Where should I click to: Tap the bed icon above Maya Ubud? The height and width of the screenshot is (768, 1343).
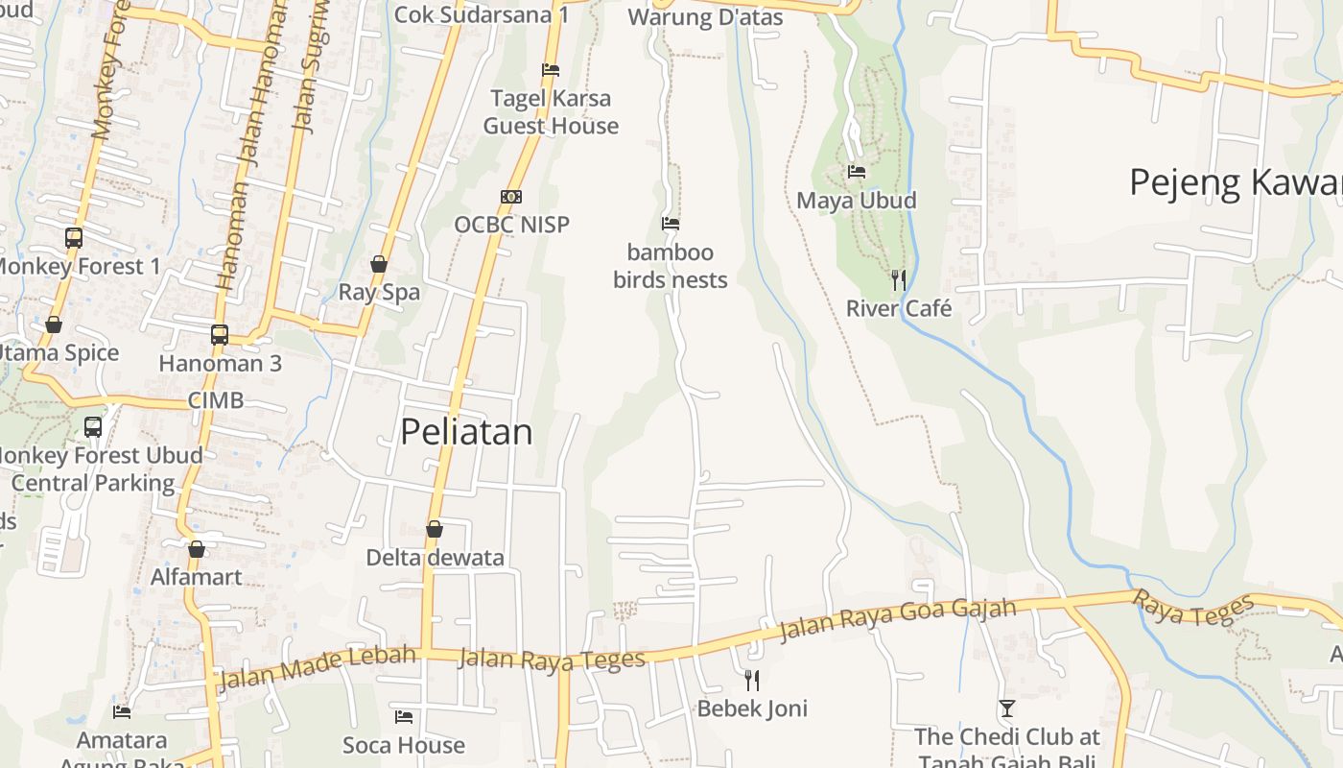point(857,172)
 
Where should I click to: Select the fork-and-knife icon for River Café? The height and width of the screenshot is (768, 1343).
point(899,279)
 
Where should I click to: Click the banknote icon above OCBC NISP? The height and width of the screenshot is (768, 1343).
point(511,197)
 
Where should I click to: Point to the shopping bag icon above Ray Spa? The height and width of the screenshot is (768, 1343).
point(379,264)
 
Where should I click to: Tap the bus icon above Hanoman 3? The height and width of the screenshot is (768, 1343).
point(220,335)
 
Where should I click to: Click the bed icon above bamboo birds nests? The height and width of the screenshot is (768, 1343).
point(671,224)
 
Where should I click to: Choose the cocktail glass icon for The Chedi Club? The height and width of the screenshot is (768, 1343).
point(1006,708)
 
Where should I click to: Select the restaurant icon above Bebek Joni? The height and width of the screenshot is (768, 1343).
point(752,681)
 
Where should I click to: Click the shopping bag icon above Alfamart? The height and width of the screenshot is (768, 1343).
point(197,549)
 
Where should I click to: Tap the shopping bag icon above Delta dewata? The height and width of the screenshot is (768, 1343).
point(435,529)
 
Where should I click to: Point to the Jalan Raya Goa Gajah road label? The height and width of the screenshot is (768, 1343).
point(897,618)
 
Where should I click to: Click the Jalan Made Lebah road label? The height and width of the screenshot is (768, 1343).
point(318,667)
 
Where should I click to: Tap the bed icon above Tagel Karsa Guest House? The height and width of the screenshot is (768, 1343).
point(551,70)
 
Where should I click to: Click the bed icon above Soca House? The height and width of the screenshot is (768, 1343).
point(404,717)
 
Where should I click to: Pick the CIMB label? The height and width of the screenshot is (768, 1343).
point(216,400)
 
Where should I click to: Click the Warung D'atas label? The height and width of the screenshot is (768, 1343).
point(705,16)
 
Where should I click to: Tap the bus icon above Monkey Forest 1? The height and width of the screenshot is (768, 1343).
point(74,237)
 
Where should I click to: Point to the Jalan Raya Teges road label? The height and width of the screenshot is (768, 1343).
point(552,660)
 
